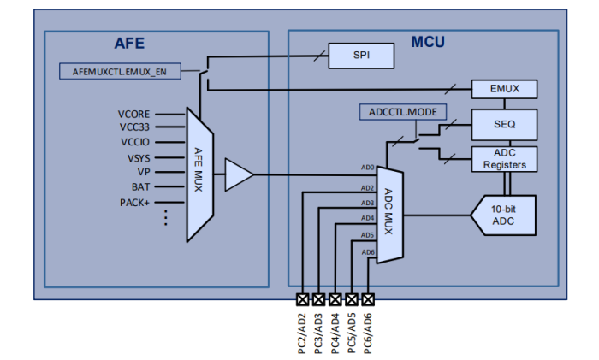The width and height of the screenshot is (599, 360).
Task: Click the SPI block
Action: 361,56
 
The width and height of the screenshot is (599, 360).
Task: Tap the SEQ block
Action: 506,123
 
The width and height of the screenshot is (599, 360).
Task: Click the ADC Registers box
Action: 506,158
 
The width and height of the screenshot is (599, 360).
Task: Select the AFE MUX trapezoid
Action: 198,176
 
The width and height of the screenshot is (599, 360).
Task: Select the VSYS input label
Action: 138,157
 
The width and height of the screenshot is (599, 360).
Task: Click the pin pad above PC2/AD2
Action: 302,299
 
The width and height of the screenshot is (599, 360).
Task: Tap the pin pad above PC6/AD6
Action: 369,299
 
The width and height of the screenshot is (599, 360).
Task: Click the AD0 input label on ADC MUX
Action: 367,168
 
